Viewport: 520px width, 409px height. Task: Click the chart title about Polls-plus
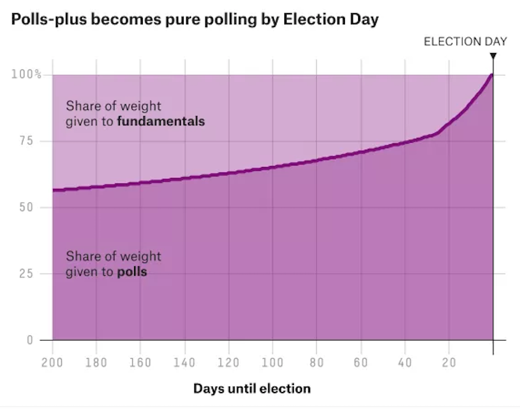[x=195, y=20]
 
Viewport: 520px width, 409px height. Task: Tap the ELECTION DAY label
[x=465, y=41]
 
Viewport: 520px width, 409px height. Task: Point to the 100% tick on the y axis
[x=27, y=74]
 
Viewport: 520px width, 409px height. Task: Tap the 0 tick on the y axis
[x=30, y=340]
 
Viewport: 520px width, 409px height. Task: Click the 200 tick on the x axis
[x=53, y=363]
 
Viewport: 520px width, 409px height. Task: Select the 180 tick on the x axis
[x=96, y=363]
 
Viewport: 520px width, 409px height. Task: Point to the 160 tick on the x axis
[x=140, y=363]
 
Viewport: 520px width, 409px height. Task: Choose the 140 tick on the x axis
[x=184, y=363]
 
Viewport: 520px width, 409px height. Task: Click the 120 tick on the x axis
[x=228, y=363]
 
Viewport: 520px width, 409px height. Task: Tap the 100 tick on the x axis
[x=272, y=363]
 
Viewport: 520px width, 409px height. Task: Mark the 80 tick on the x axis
[x=316, y=363]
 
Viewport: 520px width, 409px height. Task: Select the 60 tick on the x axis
[x=361, y=363]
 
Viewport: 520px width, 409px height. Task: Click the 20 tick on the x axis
[x=449, y=363]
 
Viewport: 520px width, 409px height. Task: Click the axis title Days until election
[x=252, y=389]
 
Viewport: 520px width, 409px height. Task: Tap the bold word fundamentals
[x=161, y=121]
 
